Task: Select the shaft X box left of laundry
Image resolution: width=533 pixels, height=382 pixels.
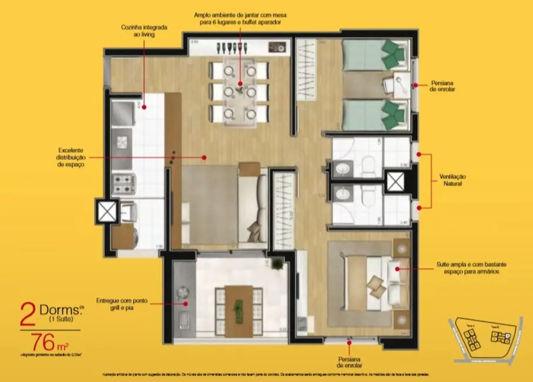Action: (x=107, y=211)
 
